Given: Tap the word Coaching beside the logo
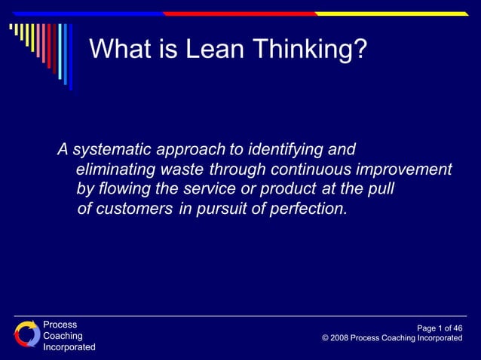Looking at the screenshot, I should pyautogui.click(x=63, y=336).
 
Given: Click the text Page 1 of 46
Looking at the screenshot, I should pyautogui.click(x=439, y=328).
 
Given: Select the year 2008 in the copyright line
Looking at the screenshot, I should pyautogui.click(x=339, y=339).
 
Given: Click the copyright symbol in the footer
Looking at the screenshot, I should pyautogui.click(x=325, y=339).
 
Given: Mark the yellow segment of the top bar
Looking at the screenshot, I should pyautogui.click(x=391, y=14).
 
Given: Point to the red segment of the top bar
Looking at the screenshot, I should pyautogui.click(x=240, y=14).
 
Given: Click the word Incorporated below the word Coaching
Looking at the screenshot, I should pyautogui.click(x=69, y=347).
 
